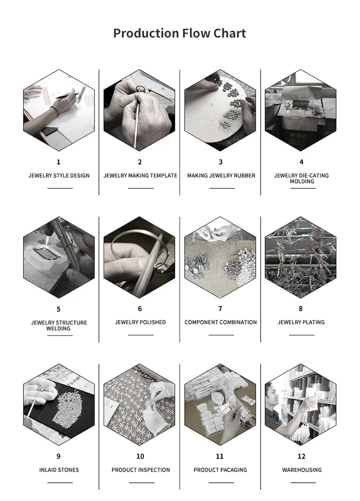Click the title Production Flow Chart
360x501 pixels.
coord(180,33)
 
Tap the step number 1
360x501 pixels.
coord(59,162)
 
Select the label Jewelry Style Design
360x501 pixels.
coord(59,175)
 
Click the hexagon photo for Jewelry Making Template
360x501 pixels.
coord(140,110)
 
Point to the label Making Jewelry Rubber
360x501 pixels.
coord(221,175)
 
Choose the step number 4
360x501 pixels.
coord(301,162)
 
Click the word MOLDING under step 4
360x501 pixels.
coord(302,182)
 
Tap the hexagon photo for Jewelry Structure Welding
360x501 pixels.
coord(59,257)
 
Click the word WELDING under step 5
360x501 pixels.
coord(59,329)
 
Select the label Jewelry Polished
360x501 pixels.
coord(141,322)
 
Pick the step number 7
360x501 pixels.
coord(220,309)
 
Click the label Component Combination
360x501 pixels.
coord(220,322)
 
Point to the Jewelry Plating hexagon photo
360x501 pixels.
coord(300,257)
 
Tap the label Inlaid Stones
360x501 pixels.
coord(59,470)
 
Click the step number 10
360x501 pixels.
coord(141,456)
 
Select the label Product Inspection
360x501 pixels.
coord(141,470)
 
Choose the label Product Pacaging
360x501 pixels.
coord(220,470)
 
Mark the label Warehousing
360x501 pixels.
coord(302,470)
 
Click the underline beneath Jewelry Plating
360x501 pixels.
coord(301,335)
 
